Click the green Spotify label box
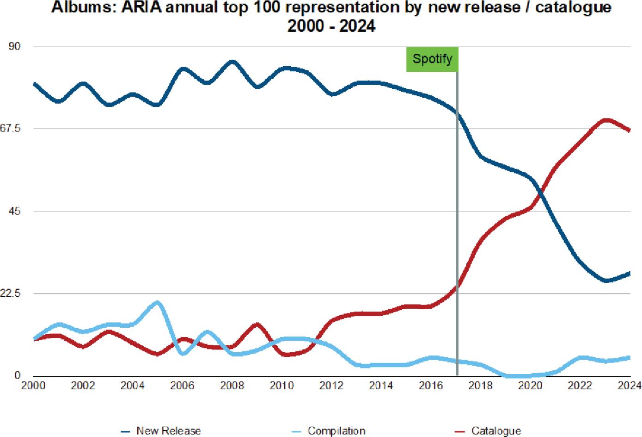tap(432, 59)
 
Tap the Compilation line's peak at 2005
tap(158, 303)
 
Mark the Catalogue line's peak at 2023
tap(606, 120)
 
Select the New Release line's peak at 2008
tap(232, 62)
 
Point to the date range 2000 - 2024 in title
tap(331, 25)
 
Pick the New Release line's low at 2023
tap(606, 281)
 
